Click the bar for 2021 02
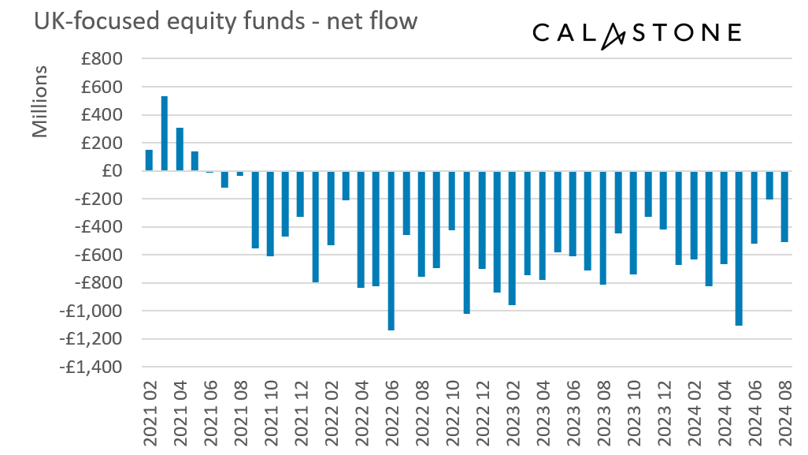click(x=149, y=160)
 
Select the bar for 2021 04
click(x=180, y=149)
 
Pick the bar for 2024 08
click(x=784, y=207)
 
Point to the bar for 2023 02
click(x=512, y=237)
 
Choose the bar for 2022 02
click(x=331, y=208)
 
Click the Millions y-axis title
click(x=41, y=102)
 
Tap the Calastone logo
click(x=636, y=33)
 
